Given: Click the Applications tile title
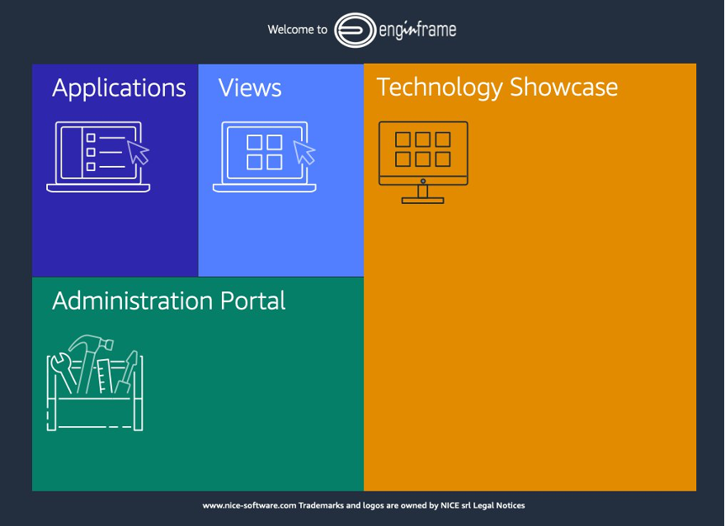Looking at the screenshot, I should (119, 88).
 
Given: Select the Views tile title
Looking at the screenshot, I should (250, 88).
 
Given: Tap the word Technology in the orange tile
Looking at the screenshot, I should (440, 88).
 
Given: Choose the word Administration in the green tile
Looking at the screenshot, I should (133, 301).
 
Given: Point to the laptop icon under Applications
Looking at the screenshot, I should (98, 157).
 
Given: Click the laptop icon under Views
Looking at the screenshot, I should (264, 157).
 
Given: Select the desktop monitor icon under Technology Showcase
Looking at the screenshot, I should (423, 161).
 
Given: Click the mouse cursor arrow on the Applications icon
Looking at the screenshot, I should (139, 152).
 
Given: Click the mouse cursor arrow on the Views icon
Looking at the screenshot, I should (305, 152).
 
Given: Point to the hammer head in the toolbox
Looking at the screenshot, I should (82, 344).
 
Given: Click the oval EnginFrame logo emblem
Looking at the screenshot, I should (354, 30).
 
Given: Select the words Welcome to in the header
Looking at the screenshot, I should (297, 30).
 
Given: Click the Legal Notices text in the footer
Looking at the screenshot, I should (499, 505).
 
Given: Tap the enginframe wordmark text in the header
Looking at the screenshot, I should (417, 31).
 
